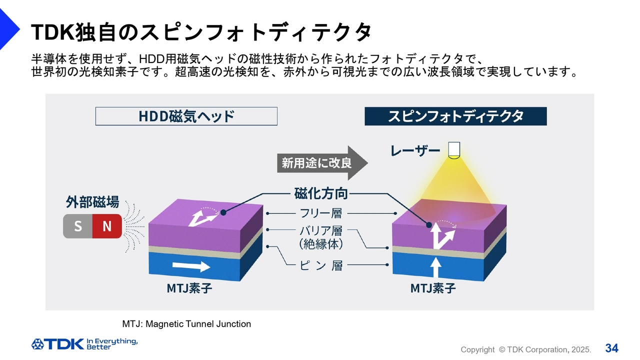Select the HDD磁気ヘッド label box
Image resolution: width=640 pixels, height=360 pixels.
coord(186,116)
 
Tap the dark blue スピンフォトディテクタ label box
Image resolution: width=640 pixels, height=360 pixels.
coord(455,116)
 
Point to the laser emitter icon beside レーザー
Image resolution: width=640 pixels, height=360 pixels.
coord(454,150)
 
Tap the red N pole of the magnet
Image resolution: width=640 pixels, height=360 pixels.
coord(107,226)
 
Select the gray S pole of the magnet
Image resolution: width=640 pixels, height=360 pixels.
coord(78,226)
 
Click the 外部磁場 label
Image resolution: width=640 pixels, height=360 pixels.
coord(92,202)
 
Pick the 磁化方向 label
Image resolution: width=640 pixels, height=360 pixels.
coord(321,193)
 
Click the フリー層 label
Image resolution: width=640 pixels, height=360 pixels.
coord(321,213)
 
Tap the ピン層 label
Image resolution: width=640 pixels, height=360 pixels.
coord(321,265)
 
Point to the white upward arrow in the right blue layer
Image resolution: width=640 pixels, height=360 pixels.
coord(435,267)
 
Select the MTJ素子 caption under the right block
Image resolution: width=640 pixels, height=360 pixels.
coord(433,288)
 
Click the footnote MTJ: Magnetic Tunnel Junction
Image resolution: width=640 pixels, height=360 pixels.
coord(186,324)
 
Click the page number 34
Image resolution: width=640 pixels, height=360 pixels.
coord(612,348)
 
